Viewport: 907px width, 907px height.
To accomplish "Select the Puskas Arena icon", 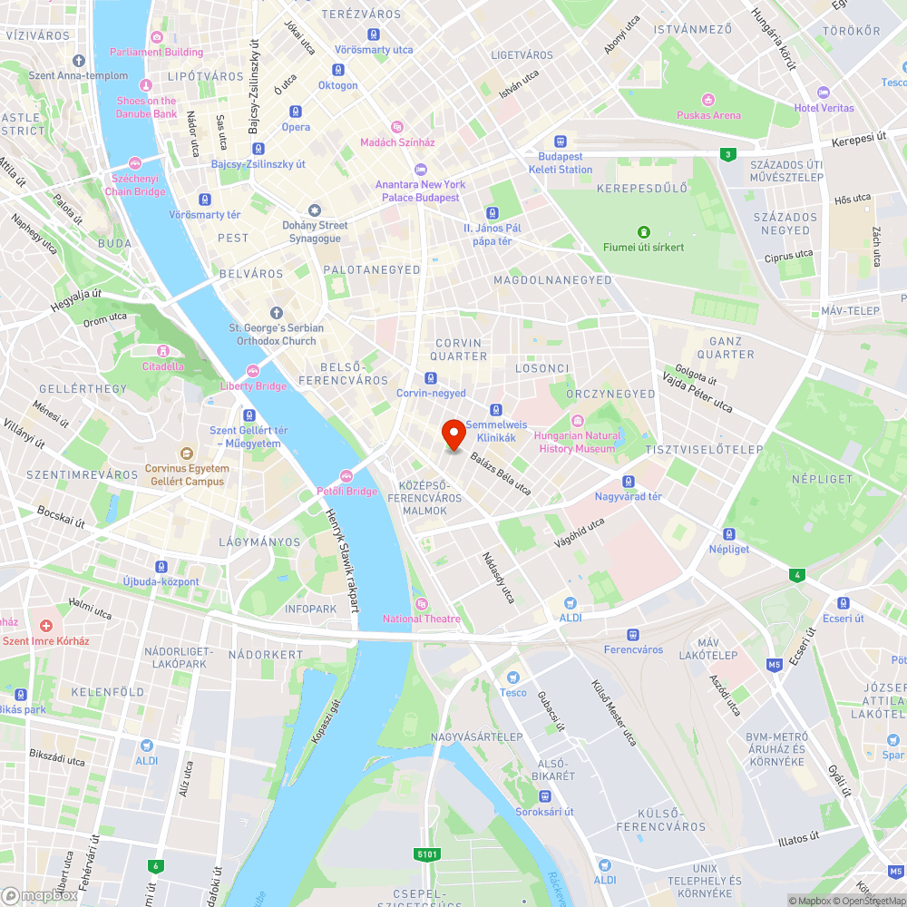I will pos(708,99).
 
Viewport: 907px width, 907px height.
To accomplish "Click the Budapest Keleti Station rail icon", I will pos(561,141).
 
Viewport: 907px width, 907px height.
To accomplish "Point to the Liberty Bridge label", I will pos(253,386).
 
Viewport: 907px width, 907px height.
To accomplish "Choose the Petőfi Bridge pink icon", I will pos(346,476).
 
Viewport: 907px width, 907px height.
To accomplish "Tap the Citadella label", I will pos(162,366).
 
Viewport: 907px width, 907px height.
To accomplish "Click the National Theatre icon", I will pos(421,604).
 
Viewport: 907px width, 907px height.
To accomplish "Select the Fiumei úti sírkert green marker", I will pos(644,232).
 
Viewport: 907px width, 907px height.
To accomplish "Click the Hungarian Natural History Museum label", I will pos(577,442).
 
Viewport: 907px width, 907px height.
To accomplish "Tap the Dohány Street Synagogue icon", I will pos(315,210).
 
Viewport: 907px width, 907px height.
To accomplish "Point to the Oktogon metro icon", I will pos(337,70).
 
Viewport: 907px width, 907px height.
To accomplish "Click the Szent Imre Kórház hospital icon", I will pos(46,626).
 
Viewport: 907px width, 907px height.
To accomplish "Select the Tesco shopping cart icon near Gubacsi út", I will pos(512,678).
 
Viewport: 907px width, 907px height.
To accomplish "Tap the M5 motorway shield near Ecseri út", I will pos(775,665).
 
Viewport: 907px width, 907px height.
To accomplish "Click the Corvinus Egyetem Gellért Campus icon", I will pos(187,453).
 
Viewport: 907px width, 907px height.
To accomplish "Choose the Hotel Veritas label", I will pos(824,108).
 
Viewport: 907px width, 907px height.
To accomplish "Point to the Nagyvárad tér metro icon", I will pos(628,482).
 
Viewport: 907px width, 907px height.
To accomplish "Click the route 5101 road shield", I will pos(427,853).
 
